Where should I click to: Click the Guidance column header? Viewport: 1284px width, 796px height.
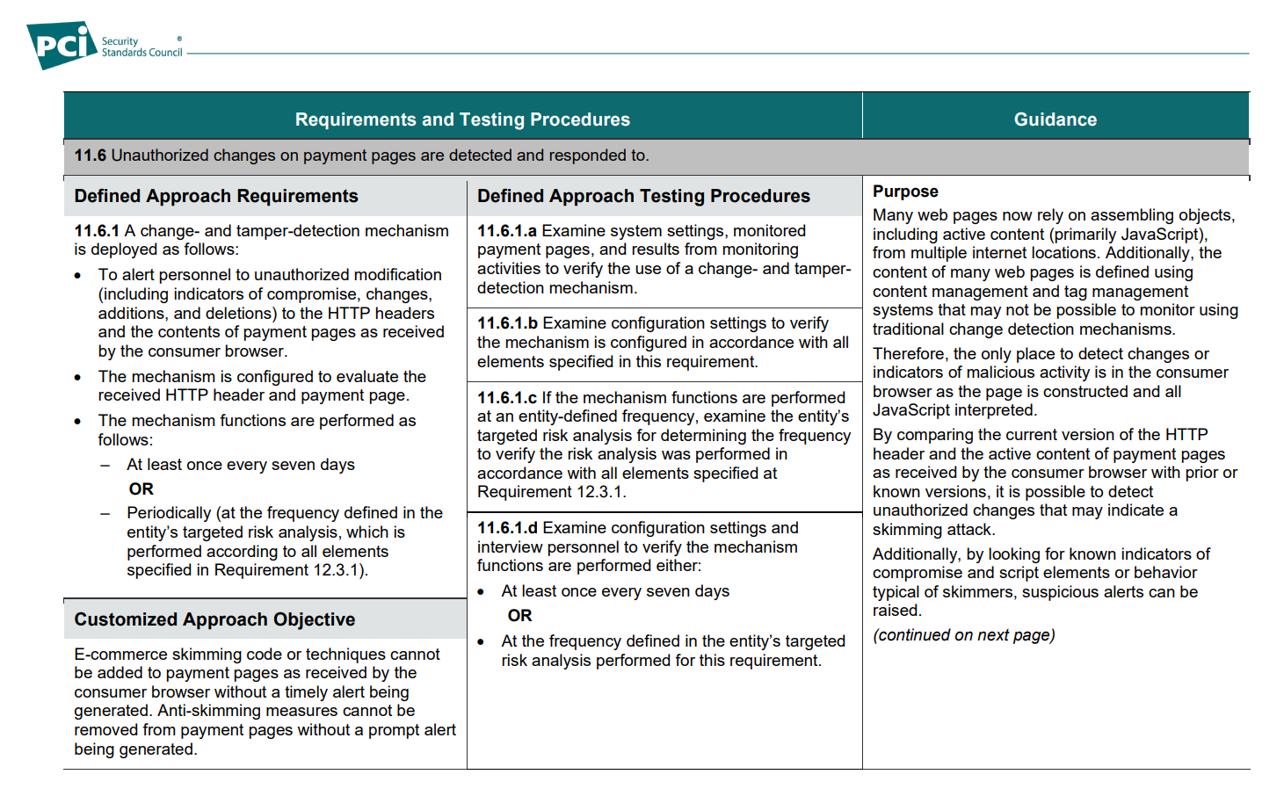pyautogui.click(x=1055, y=119)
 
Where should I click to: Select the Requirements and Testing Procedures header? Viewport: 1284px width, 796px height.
pyautogui.click(x=462, y=119)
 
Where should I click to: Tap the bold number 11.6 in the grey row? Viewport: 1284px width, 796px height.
pyautogui.click(x=91, y=156)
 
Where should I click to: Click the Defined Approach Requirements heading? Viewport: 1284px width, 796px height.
pyautogui.click(x=216, y=196)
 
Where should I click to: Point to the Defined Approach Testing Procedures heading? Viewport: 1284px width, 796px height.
pyautogui.click(x=643, y=196)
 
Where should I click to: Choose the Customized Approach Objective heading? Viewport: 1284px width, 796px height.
pyautogui.click(x=214, y=619)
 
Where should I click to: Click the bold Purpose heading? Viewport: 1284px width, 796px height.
pyautogui.click(x=905, y=192)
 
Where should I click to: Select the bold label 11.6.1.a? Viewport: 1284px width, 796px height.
pyautogui.click(x=507, y=231)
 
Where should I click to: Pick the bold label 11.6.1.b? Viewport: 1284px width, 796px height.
pyautogui.click(x=507, y=323)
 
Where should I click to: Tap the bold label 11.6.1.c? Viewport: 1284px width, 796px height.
pyautogui.click(x=507, y=398)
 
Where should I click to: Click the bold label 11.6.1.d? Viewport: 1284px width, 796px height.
pyautogui.click(x=507, y=528)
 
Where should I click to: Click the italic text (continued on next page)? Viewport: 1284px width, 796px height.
pyautogui.click(x=963, y=635)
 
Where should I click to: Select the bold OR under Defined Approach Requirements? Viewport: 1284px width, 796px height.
pyautogui.click(x=141, y=489)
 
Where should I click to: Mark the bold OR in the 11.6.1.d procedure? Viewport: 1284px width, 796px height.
pyautogui.click(x=519, y=616)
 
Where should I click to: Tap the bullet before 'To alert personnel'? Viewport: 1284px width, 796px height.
pyautogui.click(x=78, y=276)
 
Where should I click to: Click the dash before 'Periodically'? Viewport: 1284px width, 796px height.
pyautogui.click(x=105, y=513)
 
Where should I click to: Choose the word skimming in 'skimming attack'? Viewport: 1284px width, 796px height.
pyautogui.click(x=904, y=530)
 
